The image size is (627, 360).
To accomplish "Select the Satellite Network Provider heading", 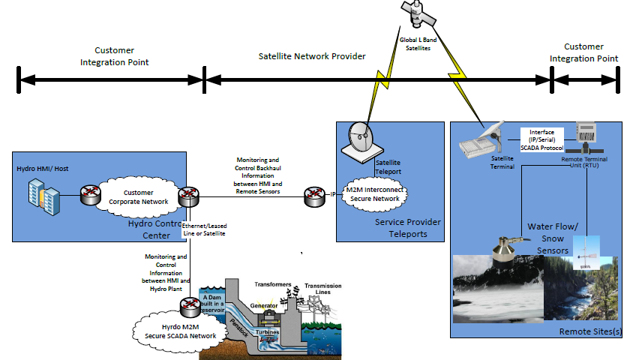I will [312, 56].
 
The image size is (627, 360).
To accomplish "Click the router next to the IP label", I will [313, 196].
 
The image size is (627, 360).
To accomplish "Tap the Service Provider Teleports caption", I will [407, 229].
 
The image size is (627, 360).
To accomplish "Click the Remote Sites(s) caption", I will [589, 331].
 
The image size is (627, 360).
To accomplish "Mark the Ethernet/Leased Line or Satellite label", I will [204, 229].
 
